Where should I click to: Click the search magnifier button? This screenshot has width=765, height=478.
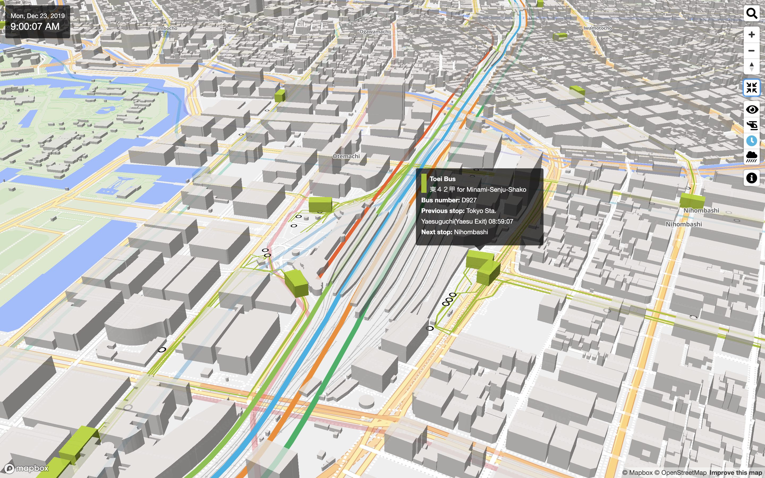pos(751,14)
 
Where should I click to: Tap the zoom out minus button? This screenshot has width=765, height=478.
pos(751,50)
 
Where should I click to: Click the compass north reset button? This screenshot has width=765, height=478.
pos(751,67)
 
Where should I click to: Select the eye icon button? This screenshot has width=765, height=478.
pos(751,109)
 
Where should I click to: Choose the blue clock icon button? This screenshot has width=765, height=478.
pos(751,141)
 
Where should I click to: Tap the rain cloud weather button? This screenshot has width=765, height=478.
pos(751,156)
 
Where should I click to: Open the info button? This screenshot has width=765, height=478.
pos(751,178)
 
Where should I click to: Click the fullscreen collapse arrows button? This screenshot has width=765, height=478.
pos(751,88)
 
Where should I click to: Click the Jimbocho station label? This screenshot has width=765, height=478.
pos(167,28)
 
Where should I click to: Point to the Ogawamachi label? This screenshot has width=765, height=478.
pos(375,32)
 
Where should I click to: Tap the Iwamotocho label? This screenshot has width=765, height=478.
pos(597,28)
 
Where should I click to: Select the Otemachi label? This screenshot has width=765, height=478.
pos(346,156)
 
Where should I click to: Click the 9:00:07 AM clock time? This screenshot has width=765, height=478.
pos(35,27)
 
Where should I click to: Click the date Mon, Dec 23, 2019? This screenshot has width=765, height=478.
pos(38,16)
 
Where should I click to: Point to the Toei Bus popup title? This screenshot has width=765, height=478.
pos(443,179)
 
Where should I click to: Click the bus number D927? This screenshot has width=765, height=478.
pos(469,200)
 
